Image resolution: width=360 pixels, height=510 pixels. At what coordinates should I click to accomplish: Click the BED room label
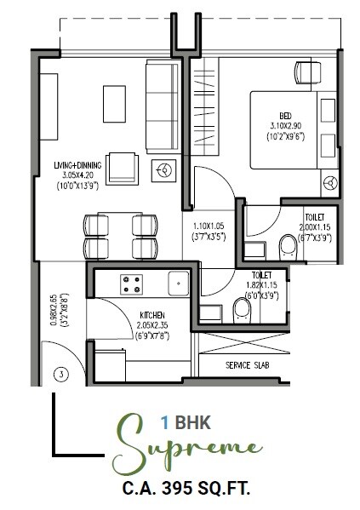click(285, 116)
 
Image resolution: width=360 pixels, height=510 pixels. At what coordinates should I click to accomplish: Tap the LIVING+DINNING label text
click(75, 168)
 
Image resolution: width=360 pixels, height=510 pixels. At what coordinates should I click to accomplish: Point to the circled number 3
click(60, 373)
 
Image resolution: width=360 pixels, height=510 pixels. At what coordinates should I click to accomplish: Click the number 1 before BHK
click(163, 420)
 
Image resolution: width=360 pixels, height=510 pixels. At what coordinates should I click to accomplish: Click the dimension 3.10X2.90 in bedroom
click(285, 126)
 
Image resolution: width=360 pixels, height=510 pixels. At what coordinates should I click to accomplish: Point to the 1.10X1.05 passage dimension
click(209, 227)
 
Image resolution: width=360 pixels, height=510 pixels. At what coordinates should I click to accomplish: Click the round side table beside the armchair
click(161, 170)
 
